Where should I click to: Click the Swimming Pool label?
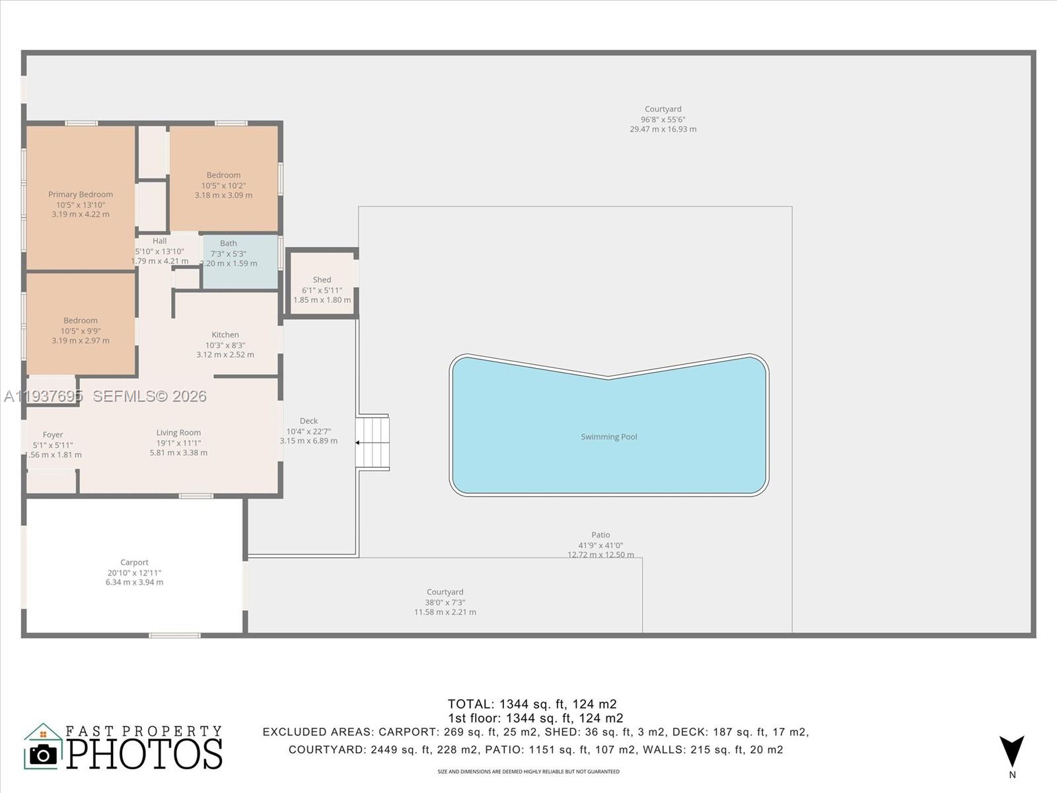[x=608, y=437]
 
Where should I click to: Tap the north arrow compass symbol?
[x=1011, y=752]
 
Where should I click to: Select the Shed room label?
[x=322, y=280]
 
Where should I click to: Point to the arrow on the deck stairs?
[x=360, y=442]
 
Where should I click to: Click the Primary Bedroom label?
[x=81, y=194]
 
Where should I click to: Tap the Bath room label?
[x=228, y=243]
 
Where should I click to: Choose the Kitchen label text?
[x=225, y=334]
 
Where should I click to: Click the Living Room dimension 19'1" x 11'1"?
[x=178, y=443]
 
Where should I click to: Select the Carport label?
[x=134, y=562]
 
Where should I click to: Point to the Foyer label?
[x=53, y=435]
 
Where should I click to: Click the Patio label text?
[x=601, y=535]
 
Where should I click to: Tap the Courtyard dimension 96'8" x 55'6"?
[x=663, y=120]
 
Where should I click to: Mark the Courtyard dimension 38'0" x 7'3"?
[x=445, y=602]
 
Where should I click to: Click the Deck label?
[x=309, y=421]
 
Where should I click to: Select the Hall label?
[x=160, y=241]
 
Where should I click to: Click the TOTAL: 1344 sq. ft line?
[x=532, y=704]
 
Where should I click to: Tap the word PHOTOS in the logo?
[x=145, y=755]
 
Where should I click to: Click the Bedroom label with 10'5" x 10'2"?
[x=223, y=175]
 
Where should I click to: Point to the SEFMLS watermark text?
[x=149, y=396]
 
